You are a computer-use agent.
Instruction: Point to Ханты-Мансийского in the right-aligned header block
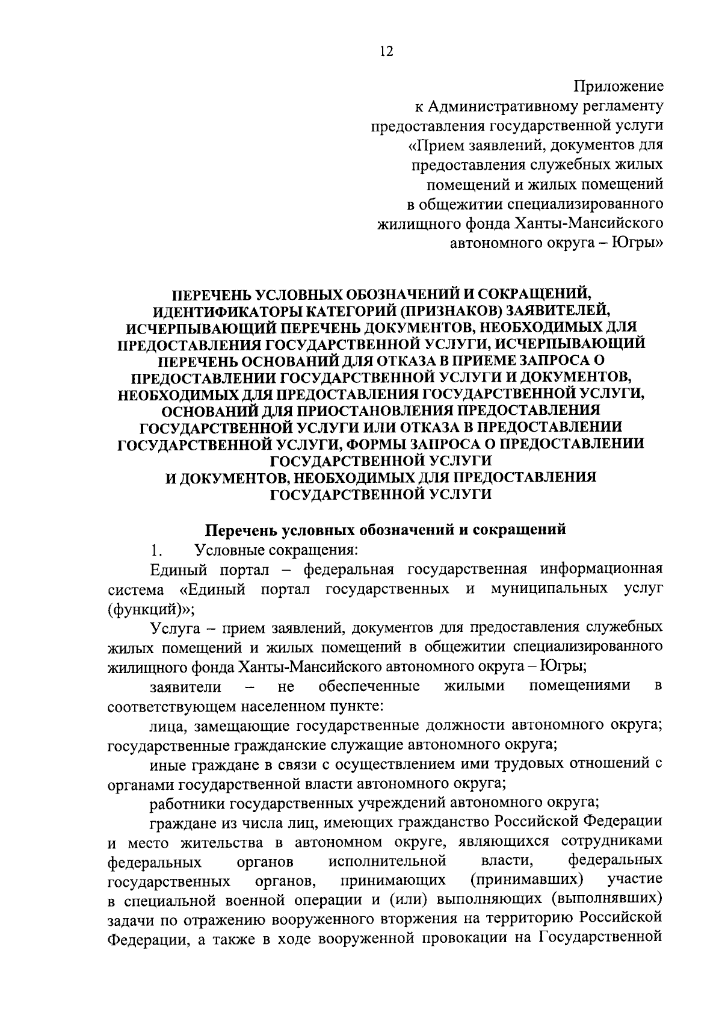pyautogui.click(x=590, y=224)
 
